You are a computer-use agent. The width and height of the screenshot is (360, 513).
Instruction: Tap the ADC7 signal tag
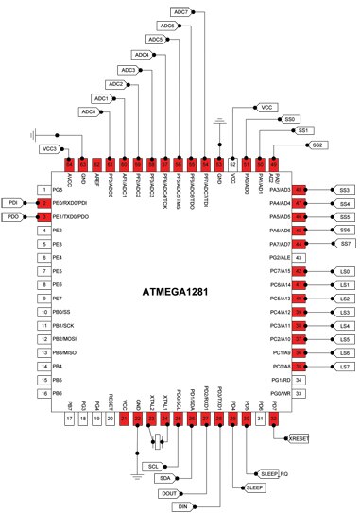point(183,11)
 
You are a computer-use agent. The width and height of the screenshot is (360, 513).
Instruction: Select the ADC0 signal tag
point(89,112)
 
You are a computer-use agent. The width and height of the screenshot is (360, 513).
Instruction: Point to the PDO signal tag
point(12,217)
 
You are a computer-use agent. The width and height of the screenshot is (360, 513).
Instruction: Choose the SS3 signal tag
point(345,190)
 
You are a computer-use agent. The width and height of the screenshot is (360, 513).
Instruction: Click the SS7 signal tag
point(345,244)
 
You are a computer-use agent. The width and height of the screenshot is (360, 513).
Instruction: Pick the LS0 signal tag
point(345,271)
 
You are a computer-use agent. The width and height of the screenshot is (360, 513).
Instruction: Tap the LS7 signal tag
point(345,366)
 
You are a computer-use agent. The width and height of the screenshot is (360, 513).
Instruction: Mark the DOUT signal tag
point(170,492)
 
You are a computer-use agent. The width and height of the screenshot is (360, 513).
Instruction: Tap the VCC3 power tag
point(49,149)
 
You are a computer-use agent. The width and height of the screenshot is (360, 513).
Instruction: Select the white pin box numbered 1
point(43,190)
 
